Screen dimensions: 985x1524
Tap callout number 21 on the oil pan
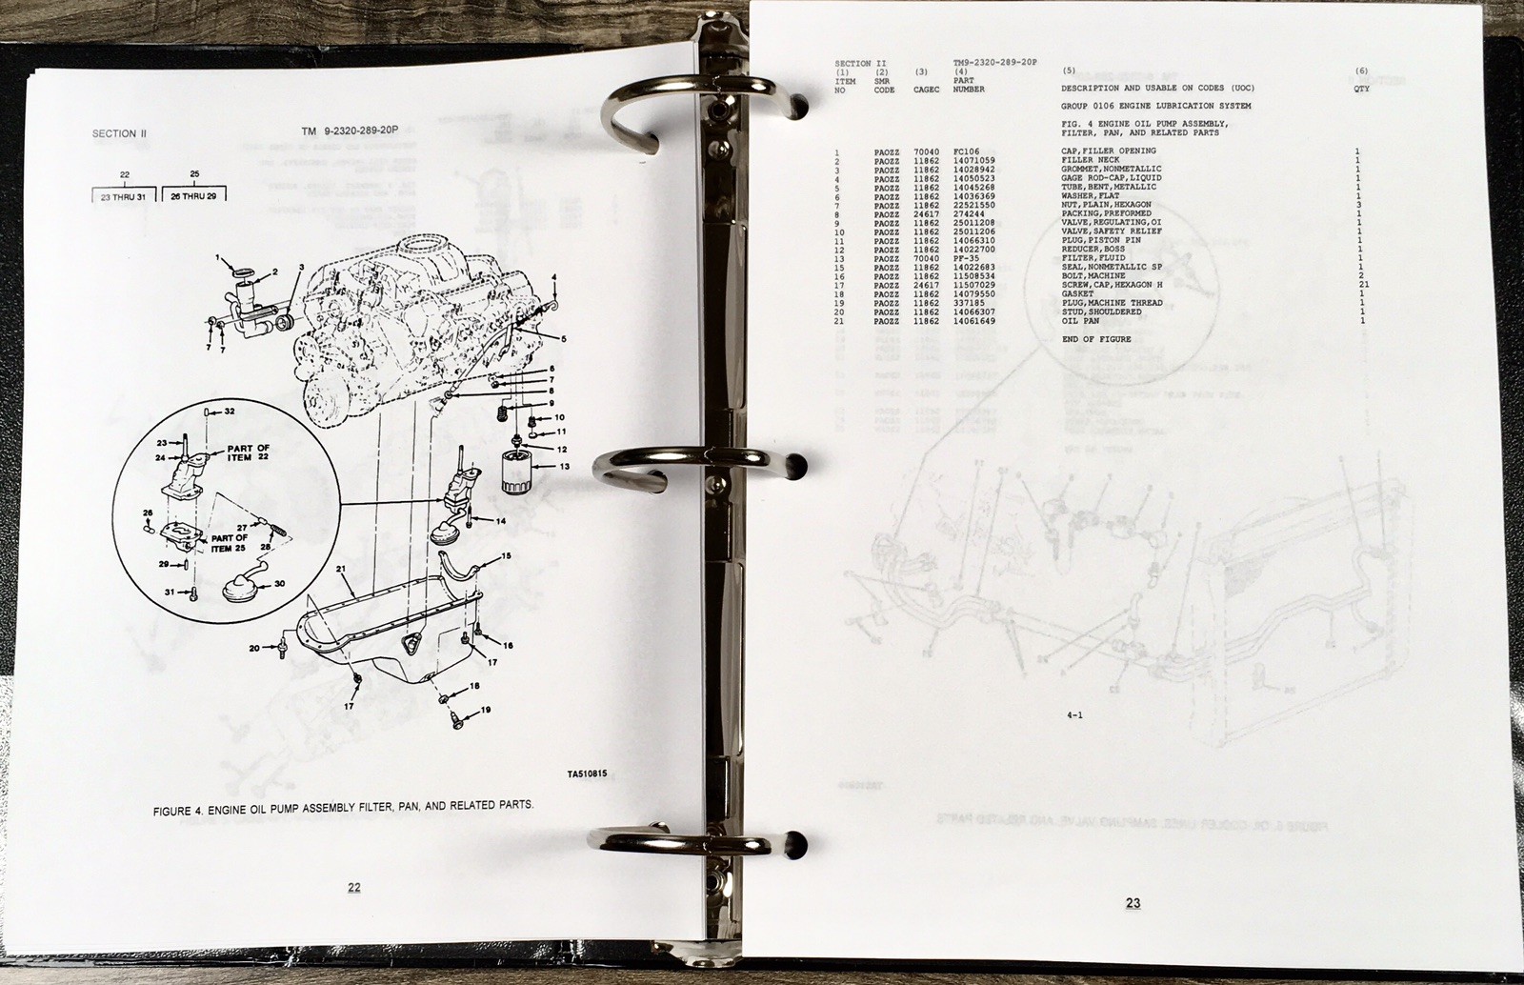click(x=340, y=568)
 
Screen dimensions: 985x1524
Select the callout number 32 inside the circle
click(x=229, y=411)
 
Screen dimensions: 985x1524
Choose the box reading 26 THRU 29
click(x=195, y=196)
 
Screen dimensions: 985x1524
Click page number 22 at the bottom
click(x=353, y=887)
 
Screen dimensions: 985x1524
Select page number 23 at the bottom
click(x=1132, y=903)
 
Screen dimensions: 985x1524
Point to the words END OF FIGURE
click(x=1095, y=339)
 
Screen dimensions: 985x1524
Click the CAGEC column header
click(x=926, y=89)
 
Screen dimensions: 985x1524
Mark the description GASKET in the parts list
click(x=1079, y=294)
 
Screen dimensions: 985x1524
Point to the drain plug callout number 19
click(x=485, y=710)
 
